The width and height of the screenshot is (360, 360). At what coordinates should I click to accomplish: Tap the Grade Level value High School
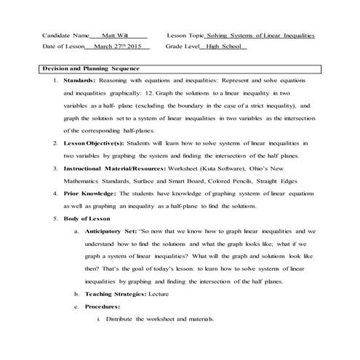[227, 48]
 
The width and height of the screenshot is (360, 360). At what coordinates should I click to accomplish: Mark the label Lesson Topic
[185, 34]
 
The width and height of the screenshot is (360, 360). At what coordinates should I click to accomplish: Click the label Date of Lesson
[63, 48]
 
